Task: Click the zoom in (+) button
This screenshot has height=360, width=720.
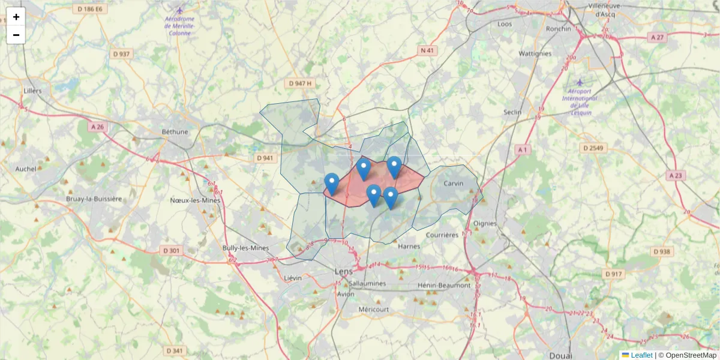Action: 16,17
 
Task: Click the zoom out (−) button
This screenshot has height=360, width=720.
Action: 16,35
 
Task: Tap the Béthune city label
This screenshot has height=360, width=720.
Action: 175,131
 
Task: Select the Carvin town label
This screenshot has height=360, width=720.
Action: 454,183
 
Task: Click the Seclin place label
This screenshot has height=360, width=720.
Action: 512,112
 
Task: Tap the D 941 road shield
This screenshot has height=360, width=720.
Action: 265,158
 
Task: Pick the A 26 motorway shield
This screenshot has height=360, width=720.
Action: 97,127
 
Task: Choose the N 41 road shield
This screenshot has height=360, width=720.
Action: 427,50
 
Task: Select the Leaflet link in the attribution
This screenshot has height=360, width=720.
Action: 641,355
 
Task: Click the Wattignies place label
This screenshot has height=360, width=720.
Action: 535,53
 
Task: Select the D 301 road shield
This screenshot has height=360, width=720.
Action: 171,250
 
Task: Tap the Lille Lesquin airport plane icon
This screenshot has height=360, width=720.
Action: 579,82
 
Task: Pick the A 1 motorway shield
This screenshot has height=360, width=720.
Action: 523,149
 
